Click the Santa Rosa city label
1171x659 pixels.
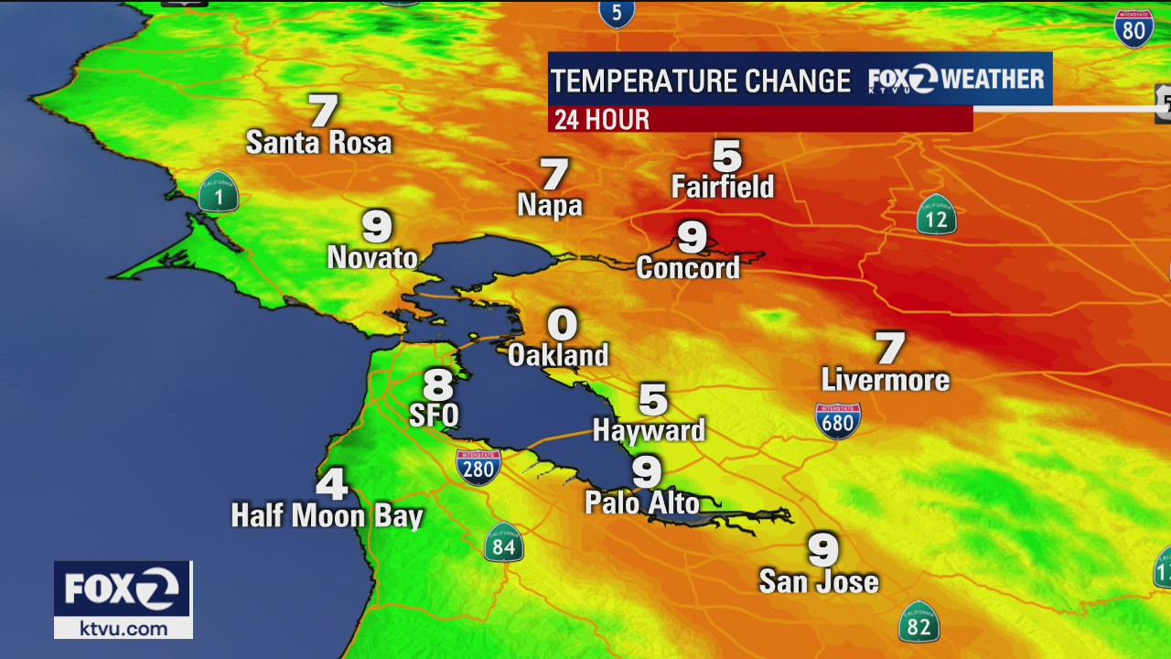[x=318, y=142]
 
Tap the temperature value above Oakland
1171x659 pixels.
[x=563, y=324]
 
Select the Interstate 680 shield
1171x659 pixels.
[x=837, y=421]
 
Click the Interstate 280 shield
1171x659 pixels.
[x=478, y=466]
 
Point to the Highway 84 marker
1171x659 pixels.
[x=503, y=543]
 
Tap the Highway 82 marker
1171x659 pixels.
[x=919, y=622]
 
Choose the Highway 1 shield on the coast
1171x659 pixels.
[x=219, y=192]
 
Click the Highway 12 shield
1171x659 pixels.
[x=937, y=214]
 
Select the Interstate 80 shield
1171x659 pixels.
[x=1133, y=29]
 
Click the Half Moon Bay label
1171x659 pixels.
[x=327, y=515]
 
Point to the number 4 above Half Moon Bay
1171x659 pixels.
[x=332, y=483]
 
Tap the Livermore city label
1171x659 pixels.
[x=885, y=379]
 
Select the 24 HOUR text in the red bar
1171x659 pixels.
[x=602, y=119]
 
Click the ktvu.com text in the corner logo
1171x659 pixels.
[x=123, y=628]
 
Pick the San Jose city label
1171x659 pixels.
[x=819, y=581]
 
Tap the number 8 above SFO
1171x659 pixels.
[x=438, y=384]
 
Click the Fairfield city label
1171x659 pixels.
[x=723, y=187]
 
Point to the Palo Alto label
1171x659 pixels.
[x=642, y=502]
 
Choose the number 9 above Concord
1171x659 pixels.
[x=692, y=237]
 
